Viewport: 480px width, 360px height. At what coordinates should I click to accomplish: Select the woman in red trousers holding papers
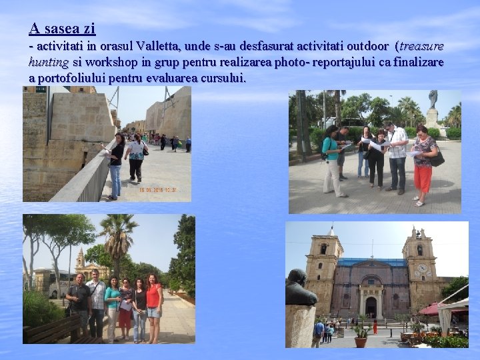pos(423,163)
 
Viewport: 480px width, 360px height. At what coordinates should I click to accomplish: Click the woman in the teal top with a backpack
pos(331,160)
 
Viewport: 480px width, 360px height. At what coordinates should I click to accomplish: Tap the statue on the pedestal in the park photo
pos(433,100)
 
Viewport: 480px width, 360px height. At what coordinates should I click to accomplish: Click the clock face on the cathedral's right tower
pos(421,269)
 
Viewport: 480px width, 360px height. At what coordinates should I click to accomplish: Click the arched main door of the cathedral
pos(371,307)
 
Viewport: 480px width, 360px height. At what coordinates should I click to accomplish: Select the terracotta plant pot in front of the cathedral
pos(361,341)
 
